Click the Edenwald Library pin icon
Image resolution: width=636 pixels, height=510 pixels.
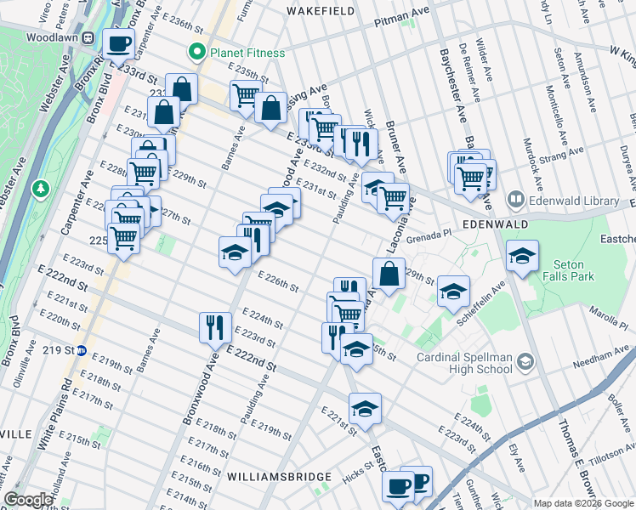tap(515, 200)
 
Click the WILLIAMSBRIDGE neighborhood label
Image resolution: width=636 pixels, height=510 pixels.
tap(270, 478)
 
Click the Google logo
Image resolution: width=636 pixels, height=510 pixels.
tap(28, 500)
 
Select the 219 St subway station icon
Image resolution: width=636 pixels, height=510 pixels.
tap(82, 349)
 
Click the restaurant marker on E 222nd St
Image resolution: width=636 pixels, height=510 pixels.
tap(214, 326)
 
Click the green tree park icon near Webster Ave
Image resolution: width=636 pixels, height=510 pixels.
tap(40, 187)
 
